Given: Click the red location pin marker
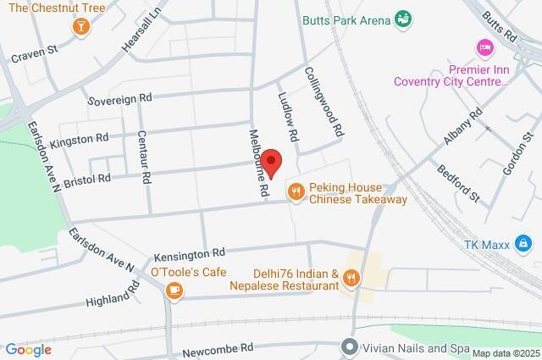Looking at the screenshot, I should pyautogui.click(x=272, y=162).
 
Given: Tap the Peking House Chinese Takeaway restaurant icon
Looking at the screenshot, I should pyautogui.click(x=296, y=192).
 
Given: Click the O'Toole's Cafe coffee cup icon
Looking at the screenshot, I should pyautogui.click(x=174, y=291).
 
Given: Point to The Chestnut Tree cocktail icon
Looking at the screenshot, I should pyautogui.click(x=80, y=25).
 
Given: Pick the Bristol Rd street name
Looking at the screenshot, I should pyautogui.click(x=87, y=180).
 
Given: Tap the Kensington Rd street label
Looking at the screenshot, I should pyautogui.click(x=189, y=253).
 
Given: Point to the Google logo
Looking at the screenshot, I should pyautogui.click(x=28, y=349).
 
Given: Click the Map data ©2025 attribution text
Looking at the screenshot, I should pyautogui.click(x=505, y=353).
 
